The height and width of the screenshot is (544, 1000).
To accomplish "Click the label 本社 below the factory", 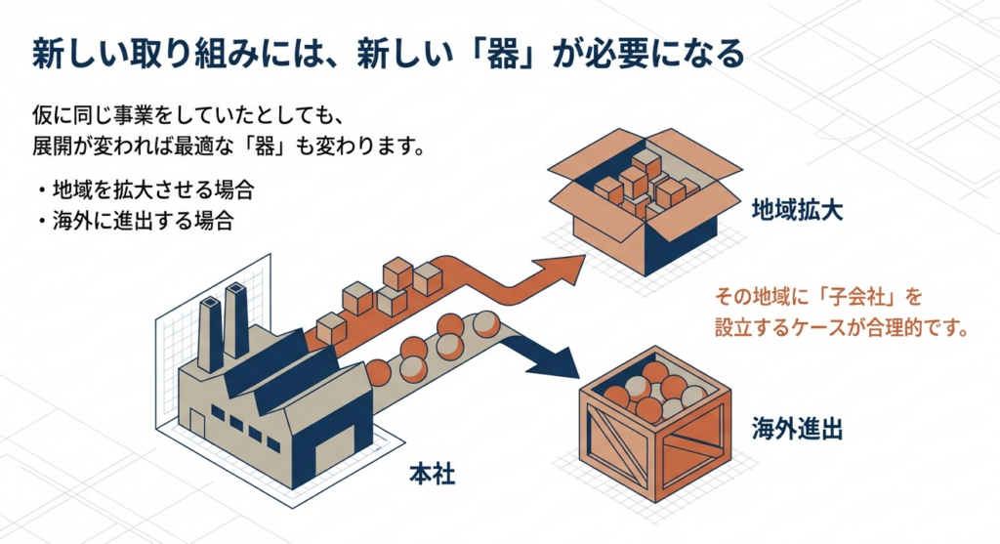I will (x=431, y=477).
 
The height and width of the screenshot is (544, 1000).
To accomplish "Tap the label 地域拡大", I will (x=797, y=208).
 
